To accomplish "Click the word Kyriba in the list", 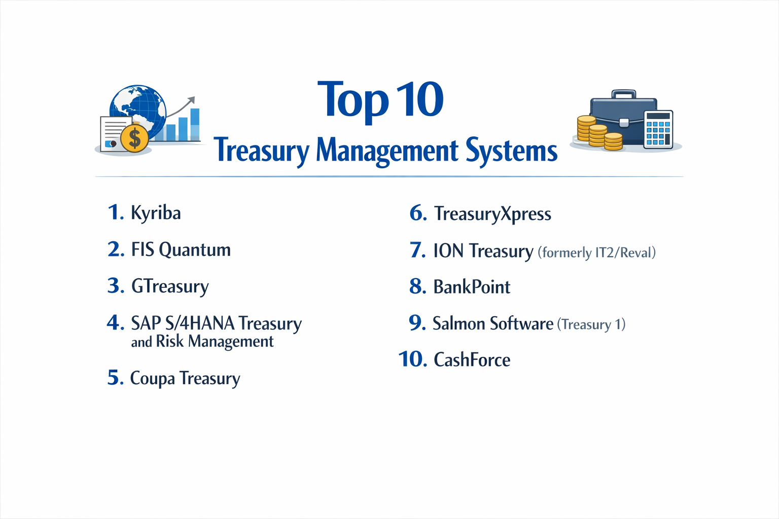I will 156,213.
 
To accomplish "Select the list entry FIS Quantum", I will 181,250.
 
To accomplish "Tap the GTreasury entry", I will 170,287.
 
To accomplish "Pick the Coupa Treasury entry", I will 185,379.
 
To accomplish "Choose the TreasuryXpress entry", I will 492,214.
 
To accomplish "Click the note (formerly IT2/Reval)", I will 596,252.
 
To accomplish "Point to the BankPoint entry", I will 472,287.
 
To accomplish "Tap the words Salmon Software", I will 492,324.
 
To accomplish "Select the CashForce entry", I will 472,360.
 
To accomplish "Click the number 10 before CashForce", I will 413,359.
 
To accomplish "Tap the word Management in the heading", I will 387,151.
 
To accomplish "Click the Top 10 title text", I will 380,100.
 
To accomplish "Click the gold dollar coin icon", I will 134,138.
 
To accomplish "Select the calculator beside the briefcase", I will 658,129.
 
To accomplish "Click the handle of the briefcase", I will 623,94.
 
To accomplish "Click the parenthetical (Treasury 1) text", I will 591,324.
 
